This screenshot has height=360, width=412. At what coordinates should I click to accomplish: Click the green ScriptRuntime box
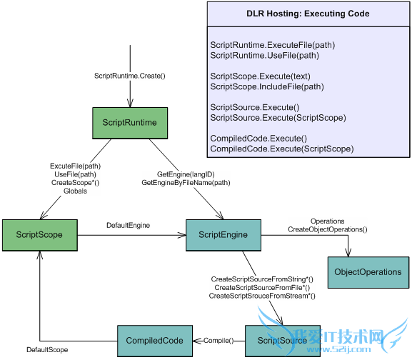(129, 122)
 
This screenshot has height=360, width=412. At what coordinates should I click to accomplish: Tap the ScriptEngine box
(223, 235)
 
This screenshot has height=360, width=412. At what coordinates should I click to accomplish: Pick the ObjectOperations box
(368, 272)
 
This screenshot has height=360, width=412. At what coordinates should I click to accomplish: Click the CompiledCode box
(154, 341)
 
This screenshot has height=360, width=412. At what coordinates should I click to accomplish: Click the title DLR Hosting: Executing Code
(309, 14)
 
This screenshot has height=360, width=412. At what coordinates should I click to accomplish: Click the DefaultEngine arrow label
(128, 225)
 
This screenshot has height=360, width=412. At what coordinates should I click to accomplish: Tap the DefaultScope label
(47, 350)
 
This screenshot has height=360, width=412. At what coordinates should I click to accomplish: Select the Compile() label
(218, 341)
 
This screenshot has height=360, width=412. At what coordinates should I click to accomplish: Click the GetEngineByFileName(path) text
(186, 182)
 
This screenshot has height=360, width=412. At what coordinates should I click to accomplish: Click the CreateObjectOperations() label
(327, 229)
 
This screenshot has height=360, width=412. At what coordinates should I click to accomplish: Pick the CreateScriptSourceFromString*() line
(262, 279)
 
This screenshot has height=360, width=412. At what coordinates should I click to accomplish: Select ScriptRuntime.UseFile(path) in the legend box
(264, 55)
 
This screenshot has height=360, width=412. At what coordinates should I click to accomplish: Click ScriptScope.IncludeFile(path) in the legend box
(267, 86)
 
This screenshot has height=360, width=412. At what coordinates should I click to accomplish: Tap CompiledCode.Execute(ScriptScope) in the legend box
(281, 149)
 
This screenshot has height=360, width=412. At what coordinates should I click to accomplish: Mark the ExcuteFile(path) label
(76, 166)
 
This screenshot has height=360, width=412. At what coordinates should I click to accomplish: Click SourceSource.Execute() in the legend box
(254, 107)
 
